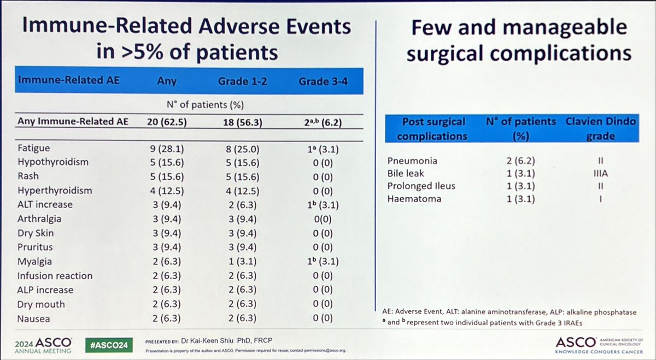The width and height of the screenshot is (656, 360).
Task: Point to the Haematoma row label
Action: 413,199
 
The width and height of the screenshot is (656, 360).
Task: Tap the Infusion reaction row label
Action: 54,276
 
